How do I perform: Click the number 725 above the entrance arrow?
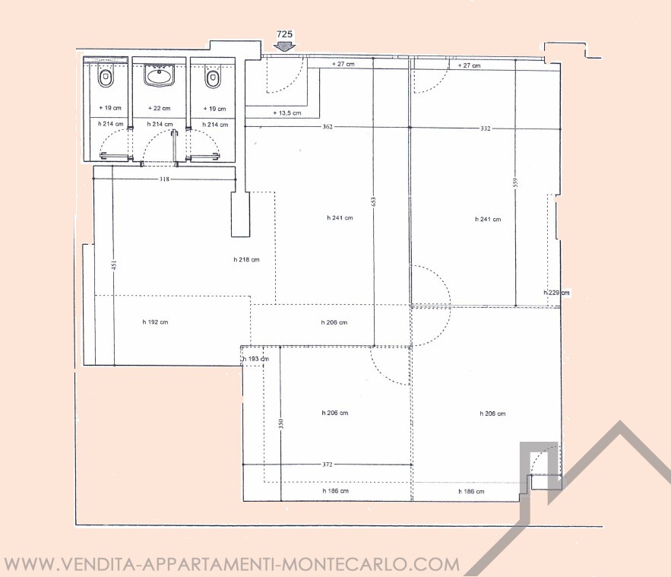[284, 34]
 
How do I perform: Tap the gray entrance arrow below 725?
[284, 46]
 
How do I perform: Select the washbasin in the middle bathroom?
[160, 75]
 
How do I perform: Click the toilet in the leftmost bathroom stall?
[106, 78]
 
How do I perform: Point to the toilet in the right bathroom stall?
[213, 79]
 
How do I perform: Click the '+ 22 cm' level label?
[159, 108]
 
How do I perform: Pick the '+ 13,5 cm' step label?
[287, 113]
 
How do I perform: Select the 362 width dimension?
[328, 127]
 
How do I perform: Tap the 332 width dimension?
[486, 128]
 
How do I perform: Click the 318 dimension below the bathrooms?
[164, 179]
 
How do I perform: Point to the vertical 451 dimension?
[114, 265]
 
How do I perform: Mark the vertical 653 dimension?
[373, 201]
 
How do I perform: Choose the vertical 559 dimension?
[516, 182]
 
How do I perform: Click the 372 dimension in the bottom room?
[328, 464]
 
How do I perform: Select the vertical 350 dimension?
[280, 423]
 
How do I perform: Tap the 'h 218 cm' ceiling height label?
[246, 259]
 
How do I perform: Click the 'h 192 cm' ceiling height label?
[155, 322]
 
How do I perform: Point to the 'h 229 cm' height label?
[557, 293]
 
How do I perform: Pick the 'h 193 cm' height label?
[256, 359]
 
